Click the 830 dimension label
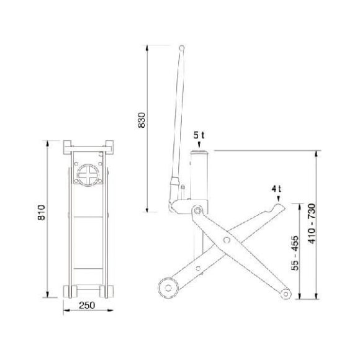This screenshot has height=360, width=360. tap(142, 120)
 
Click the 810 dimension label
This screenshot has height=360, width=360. tap(42, 213)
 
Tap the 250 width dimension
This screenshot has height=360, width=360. tap(87, 305)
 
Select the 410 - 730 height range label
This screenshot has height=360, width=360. tap(312, 223)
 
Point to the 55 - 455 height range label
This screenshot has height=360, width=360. tap(295, 253)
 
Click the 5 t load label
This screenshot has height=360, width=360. tap(199, 135)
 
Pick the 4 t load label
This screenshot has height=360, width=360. tap(276, 189)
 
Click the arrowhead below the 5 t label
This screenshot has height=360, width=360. tap(199, 145)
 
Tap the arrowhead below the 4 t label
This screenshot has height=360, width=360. tap(279, 199)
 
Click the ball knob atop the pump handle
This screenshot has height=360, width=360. tap(182, 48)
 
